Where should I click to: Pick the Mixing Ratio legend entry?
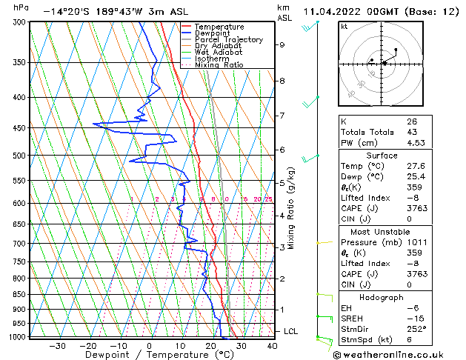219,65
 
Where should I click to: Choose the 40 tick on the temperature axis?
272,345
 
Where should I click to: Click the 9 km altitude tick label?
282,44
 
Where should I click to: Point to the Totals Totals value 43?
411,132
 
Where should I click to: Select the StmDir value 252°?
416,329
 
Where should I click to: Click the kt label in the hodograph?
344,27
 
